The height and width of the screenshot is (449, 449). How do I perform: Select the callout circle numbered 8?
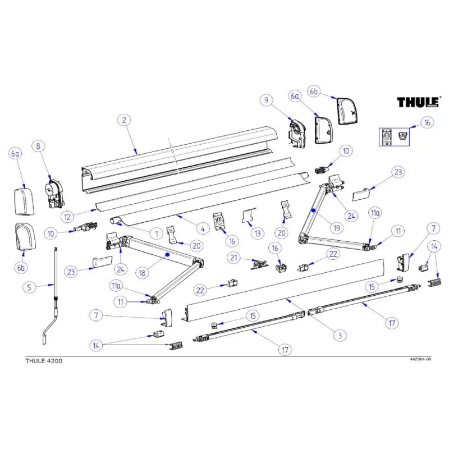click(38, 146)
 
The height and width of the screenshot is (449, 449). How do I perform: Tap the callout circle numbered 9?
click(266, 100)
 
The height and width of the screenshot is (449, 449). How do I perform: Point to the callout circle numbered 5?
click(31, 287)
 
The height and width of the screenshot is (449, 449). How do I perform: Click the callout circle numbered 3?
click(338, 336)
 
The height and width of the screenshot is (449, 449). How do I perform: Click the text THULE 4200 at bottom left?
click(44, 361)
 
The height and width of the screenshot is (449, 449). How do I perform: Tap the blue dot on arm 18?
click(167, 255)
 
